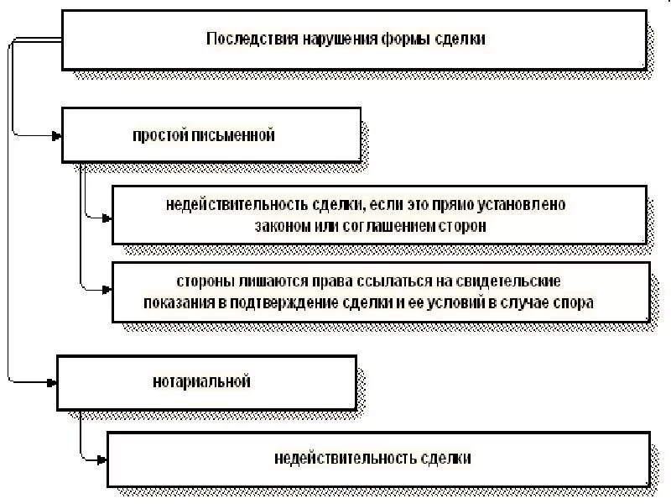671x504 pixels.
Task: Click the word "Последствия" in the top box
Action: [243, 39]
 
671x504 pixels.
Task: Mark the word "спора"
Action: [575, 302]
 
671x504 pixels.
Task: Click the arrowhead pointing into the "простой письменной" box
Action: [56, 134]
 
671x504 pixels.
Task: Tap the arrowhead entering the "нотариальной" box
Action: [52, 382]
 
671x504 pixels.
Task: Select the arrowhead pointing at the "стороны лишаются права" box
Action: [106, 291]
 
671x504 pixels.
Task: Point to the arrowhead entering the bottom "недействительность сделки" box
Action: [101, 459]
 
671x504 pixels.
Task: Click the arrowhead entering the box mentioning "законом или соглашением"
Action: [106, 217]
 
